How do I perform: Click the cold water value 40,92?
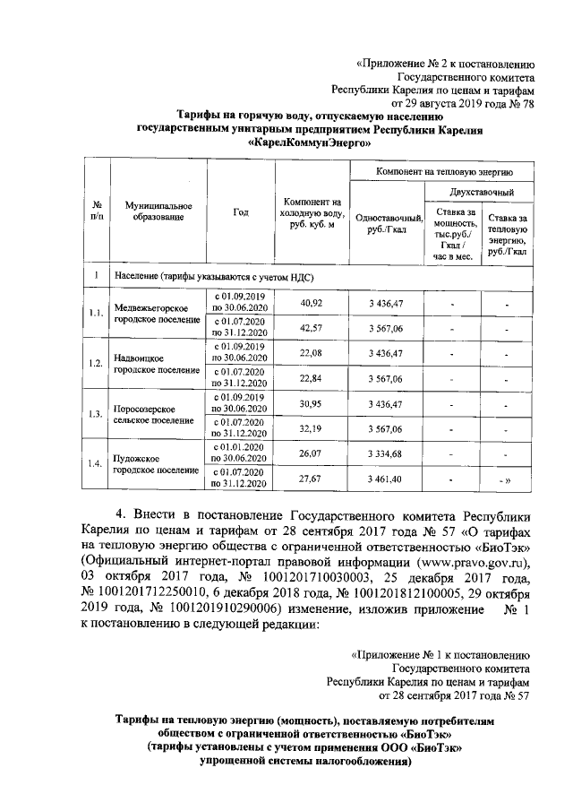pos(311,303)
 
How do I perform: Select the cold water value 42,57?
pos(311,328)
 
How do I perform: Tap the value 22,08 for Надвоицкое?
pos(311,353)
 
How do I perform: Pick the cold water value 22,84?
pos(311,378)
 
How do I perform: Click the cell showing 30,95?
pos(311,404)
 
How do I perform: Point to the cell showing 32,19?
pos(311,429)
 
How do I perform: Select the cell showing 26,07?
pos(311,454)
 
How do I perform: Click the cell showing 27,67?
pos(311,480)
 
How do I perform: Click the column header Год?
pos(240,212)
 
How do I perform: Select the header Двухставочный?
pos(482,192)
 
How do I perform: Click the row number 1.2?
pos(96,364)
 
